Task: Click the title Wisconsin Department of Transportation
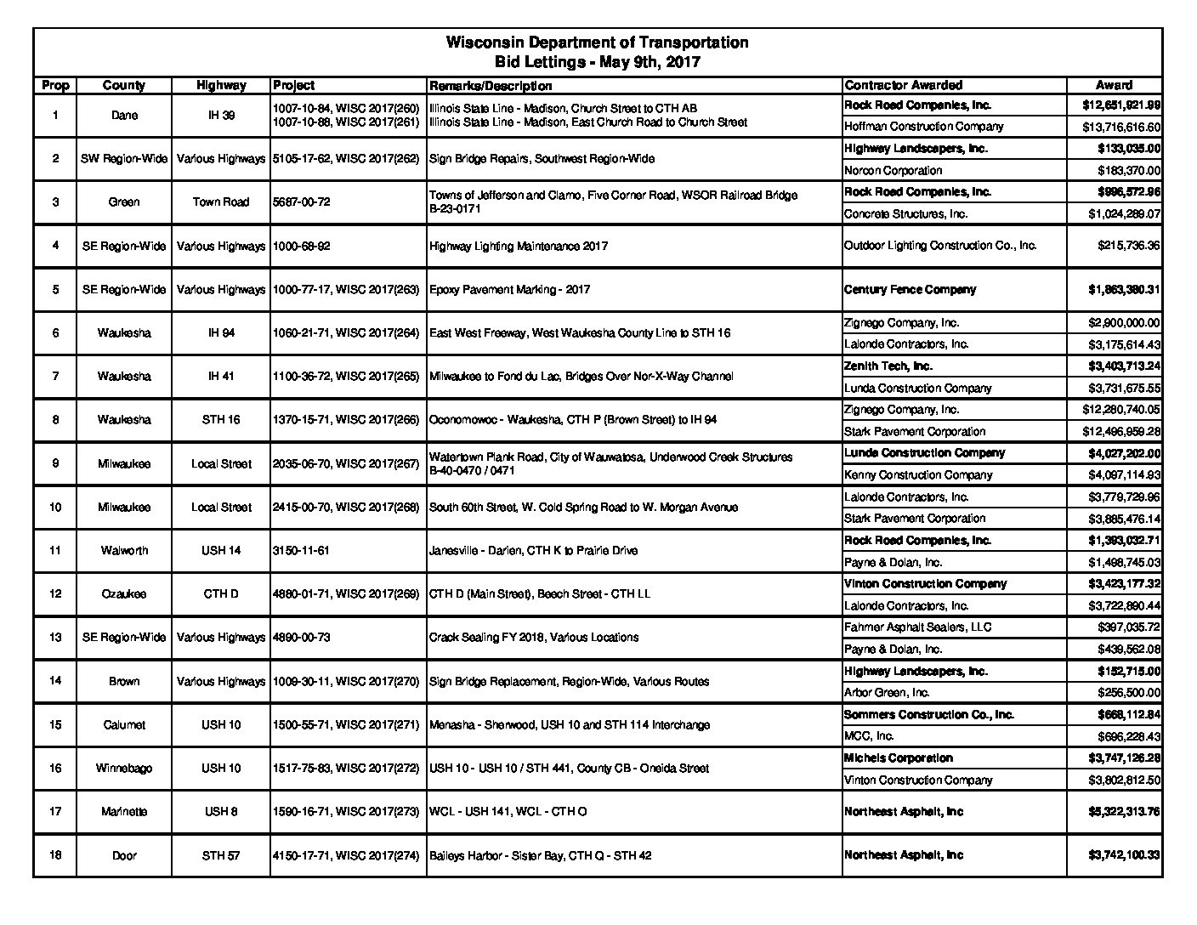point(597,43)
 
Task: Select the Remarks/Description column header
point(491,86)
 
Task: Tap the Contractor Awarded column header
point(903,85)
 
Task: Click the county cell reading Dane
point(124,116)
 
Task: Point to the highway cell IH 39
point(221,116)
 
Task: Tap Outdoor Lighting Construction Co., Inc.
point(940,246)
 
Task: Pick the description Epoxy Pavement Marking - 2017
point(510,290)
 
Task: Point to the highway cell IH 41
point(221,377)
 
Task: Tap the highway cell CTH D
point(221,594)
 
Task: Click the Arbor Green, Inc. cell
point(887,693)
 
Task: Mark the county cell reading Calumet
point(124,725)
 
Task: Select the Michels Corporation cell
point(898,758)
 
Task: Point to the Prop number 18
point(55,855)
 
